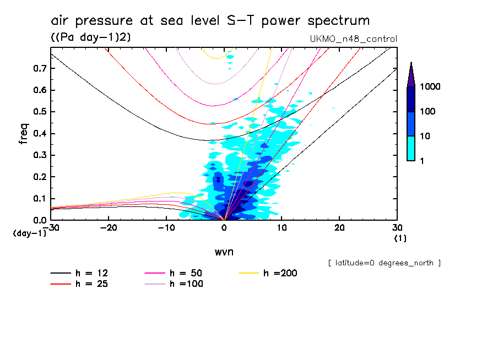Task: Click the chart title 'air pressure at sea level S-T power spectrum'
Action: (210, 21)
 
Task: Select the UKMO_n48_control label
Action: (354, 39)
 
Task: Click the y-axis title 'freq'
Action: (23, 134)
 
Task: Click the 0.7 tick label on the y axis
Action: (39, 68)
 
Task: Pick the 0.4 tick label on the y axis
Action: (39, 134)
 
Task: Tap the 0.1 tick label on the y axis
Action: (39, 199)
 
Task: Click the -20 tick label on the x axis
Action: (109, 227)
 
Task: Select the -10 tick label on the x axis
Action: (167, 227)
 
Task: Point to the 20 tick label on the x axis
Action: (339, 227)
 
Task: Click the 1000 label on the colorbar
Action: (431, 88)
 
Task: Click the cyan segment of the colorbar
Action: (411, 148)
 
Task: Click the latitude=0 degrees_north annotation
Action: (384, 263)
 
